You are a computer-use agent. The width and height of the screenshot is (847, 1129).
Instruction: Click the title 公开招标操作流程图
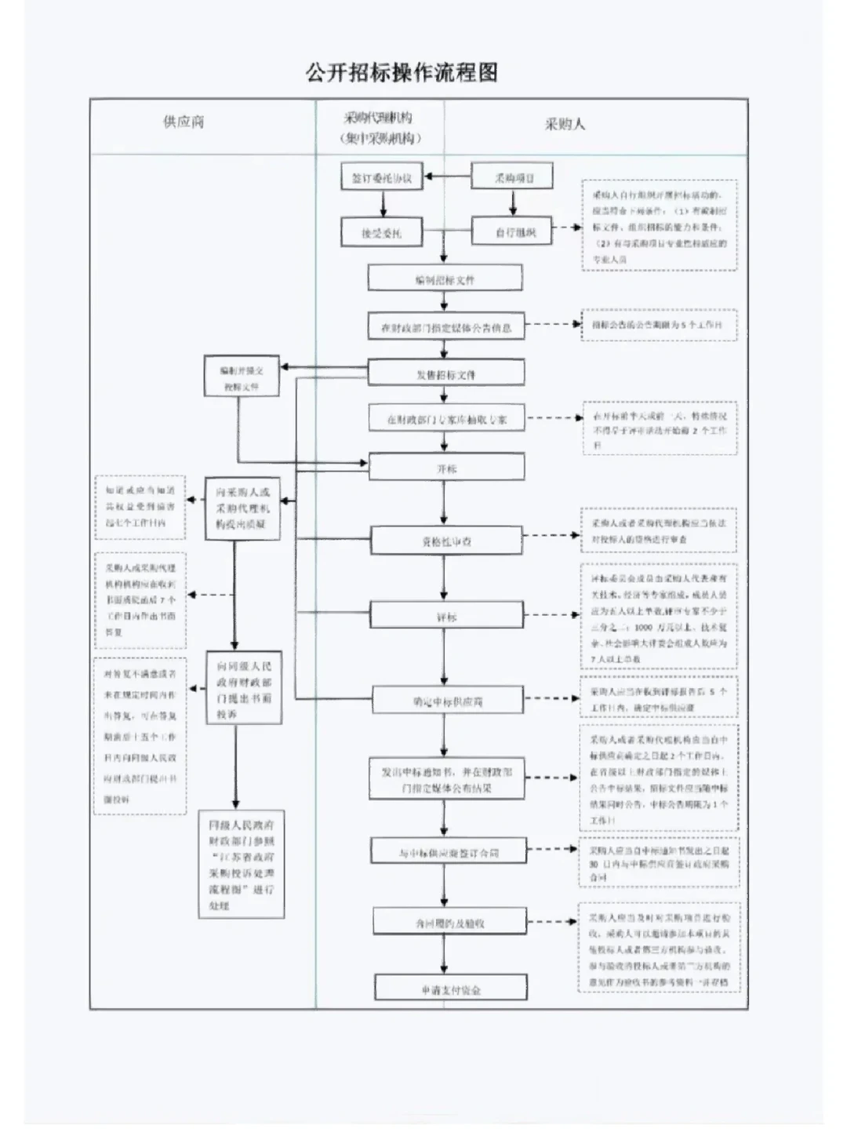pyautogui.click(x=402, y=73)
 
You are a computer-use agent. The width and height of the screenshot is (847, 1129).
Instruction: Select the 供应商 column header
pyautogui.click(x=184, y=122)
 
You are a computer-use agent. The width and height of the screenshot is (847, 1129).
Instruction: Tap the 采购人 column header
pyautogui.click(x=565, y=124)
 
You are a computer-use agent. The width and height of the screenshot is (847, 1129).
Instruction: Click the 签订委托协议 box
pyautogui.click(x=382, y=177)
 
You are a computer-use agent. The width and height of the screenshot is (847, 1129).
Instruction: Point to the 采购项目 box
pyautogui.click(x=513, y=177)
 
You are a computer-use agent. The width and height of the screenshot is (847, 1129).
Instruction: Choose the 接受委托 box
pyautogui.click(x=382, y=232)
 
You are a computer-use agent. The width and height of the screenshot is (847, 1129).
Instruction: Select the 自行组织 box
pyautogui.click(x=513, y=232)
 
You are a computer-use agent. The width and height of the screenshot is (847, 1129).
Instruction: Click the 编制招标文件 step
pyautogui.click(x=445, y=279)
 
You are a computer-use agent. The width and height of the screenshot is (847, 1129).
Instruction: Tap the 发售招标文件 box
pyautogui.click(x=445, y=374)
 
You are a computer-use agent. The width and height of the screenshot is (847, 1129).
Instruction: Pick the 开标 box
pyautogui.click(x=446, y=468)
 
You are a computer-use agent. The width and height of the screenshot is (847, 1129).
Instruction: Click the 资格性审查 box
pyautogui.click(x=446, y=541)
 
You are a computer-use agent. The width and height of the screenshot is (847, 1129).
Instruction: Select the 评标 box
pyautogui.click(x=446, y=617)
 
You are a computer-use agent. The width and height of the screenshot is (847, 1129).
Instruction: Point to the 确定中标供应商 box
pyautogui.click(x=447, y=701)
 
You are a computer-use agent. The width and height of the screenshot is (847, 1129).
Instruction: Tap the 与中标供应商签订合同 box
pyautogui.click(x=448, y=852)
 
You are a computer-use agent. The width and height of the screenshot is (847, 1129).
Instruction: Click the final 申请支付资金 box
pyautogui.click(x=450, y=989)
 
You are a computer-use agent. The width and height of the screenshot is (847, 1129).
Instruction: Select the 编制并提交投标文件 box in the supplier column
pyautogui.click(x=241, y=377)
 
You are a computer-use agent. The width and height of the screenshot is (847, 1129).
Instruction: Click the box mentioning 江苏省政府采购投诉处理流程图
pyautogui.click(x=241, y=865)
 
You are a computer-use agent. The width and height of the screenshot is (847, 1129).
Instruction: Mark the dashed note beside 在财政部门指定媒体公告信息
pyautogui.click(x=659, y=325)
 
